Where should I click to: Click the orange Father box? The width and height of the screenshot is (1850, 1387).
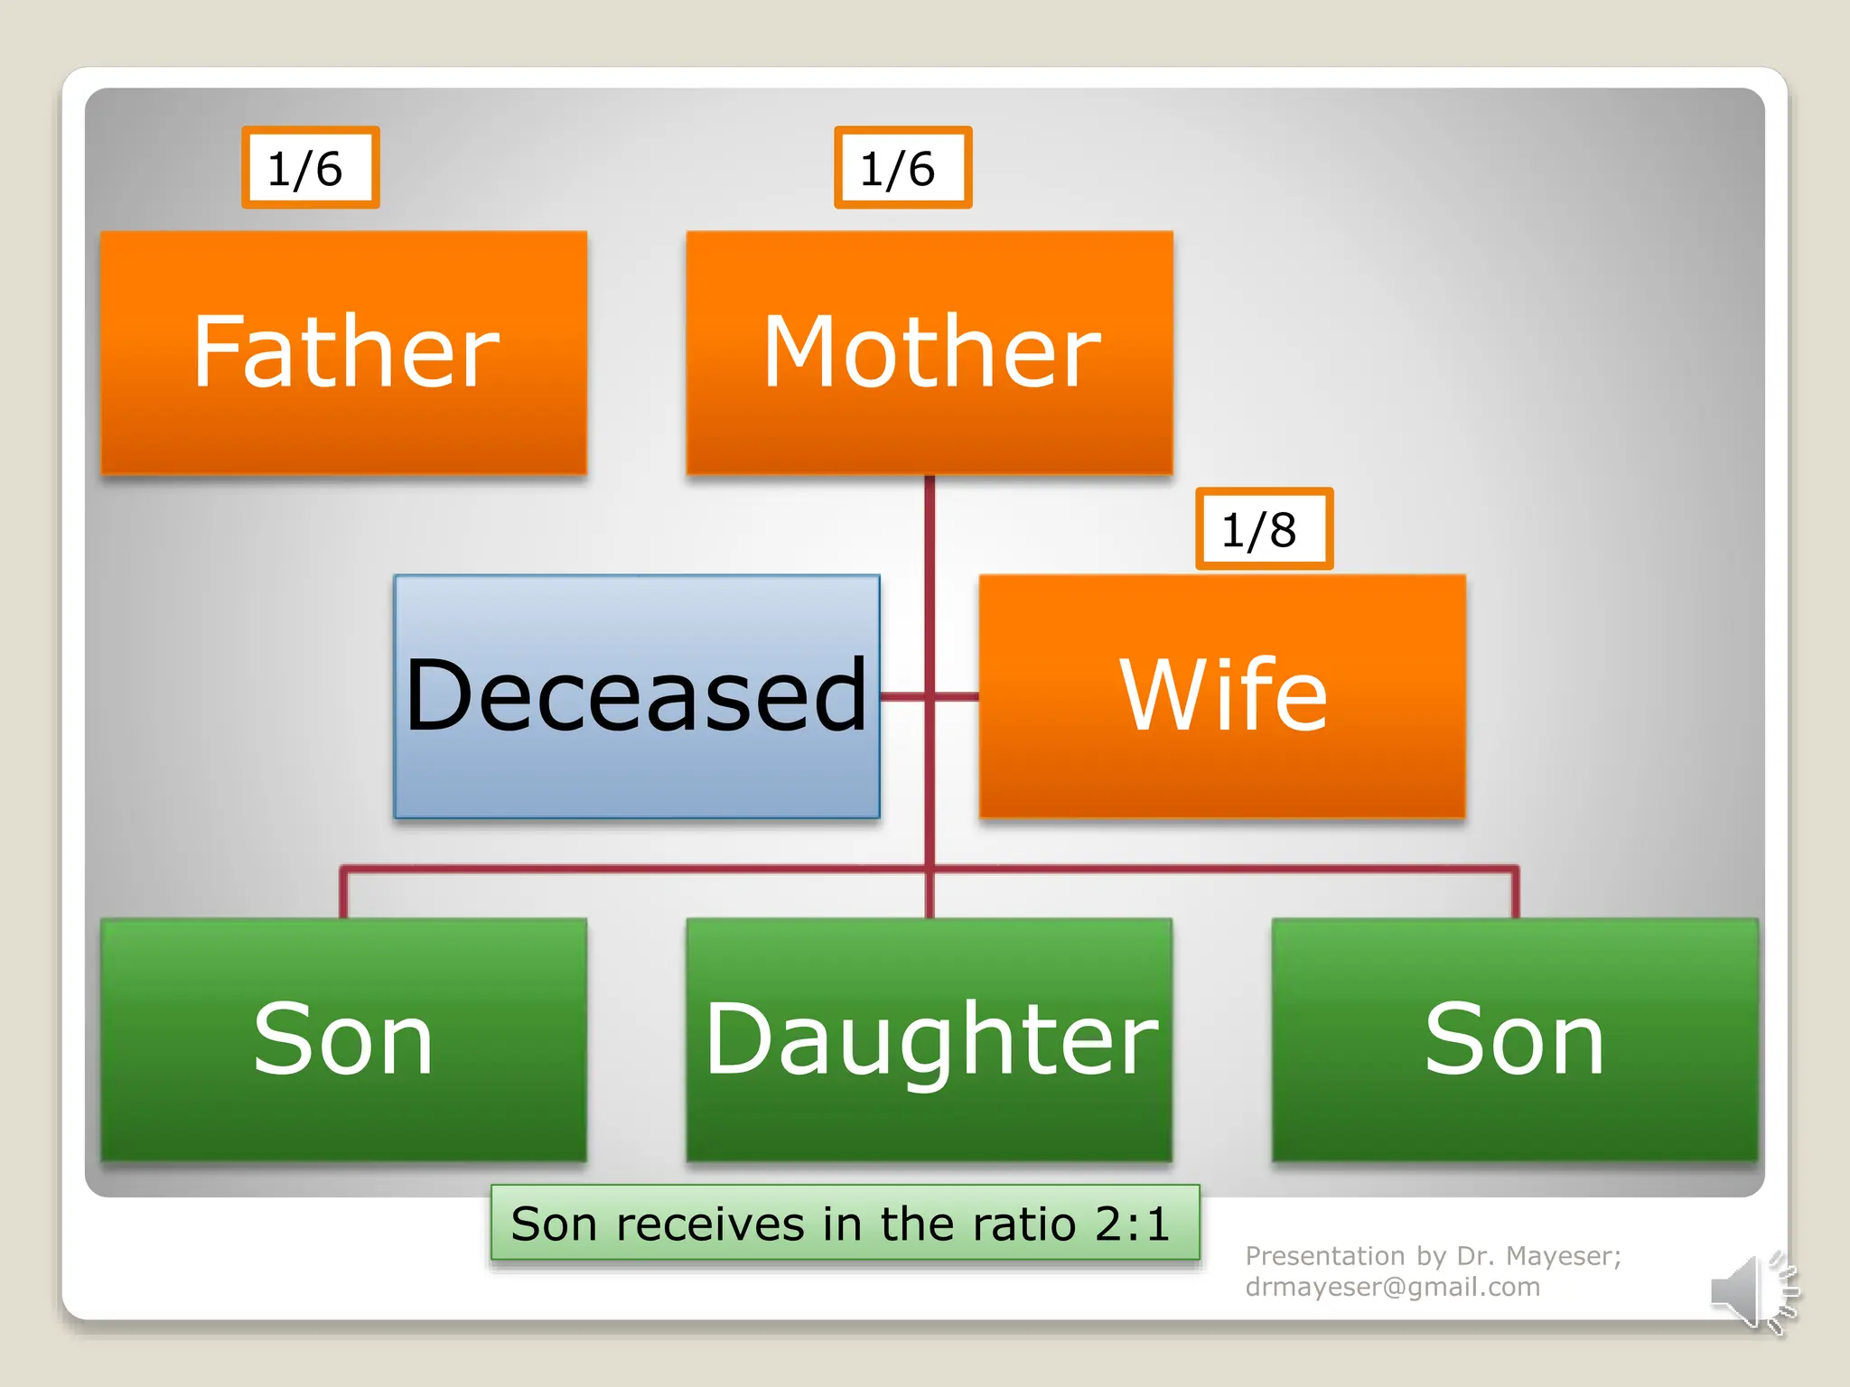click(343, 352)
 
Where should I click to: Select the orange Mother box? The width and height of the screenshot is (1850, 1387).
click(929, 352)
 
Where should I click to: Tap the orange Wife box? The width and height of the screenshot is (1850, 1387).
click(1221, 695)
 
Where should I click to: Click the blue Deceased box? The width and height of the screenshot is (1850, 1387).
click(636, 695)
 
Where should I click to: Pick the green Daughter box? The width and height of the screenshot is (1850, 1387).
click(929, 1038)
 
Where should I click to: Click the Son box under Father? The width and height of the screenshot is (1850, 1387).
click(343, 1038)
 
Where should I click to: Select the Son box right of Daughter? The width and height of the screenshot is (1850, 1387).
click(1514, 1038)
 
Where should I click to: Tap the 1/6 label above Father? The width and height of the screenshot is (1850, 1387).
click(310, 168)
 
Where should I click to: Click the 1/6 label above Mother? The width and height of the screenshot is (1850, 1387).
click(902, 168)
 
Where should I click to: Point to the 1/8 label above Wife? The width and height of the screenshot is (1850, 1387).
click(1264, 529)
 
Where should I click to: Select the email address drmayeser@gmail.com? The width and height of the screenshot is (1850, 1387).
click(1392, 1287)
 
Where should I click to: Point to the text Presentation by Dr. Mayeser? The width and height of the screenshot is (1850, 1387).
click(1433, 1256)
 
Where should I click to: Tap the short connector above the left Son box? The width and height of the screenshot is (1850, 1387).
click(343, 894)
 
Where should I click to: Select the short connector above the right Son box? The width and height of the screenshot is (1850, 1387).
click(1515, 894)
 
